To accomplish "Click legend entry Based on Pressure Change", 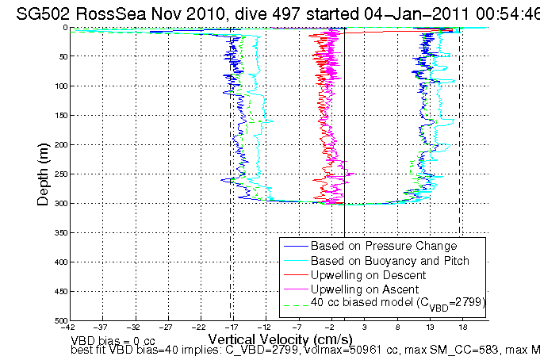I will coord(384,246).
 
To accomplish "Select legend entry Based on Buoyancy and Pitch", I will coord(390,260).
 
